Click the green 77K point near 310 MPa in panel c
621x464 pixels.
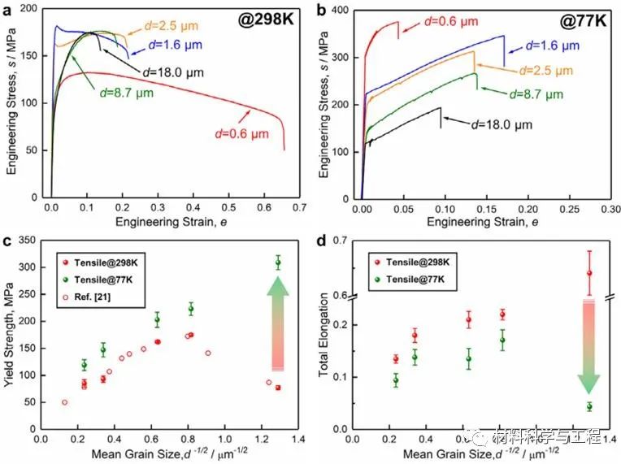[278, 262]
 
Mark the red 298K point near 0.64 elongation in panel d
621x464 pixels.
[589, 273]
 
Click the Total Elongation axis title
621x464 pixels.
[324, 335]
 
